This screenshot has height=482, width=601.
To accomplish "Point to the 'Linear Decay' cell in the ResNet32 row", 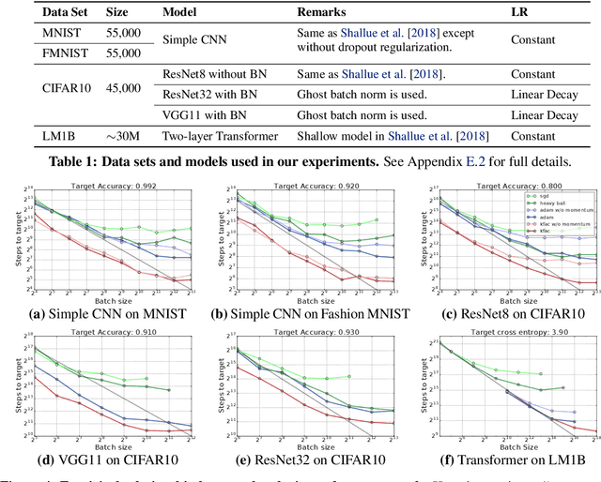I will tap(545, 95).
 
